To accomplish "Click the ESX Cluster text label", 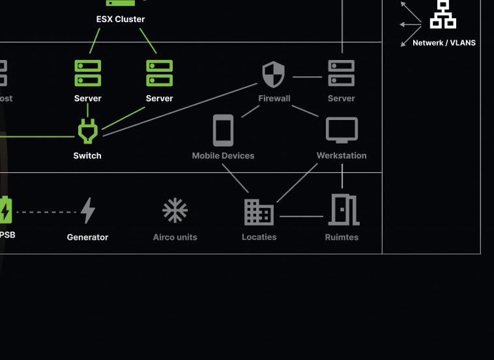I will pyautogui.click(x=121, y=20).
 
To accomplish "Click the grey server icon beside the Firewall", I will pyautogui.click(x=341, y=73).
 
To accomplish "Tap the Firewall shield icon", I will pyautogui.click(x=274, y=74).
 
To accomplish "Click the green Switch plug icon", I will pyautogui.click(x=87, y=130).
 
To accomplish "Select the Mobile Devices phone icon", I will pyautogui.click(x=223, y=130).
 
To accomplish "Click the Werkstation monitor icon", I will pyautogui.click(x=341, y=130).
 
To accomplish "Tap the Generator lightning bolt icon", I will pyautogui.click(x=88, y=211).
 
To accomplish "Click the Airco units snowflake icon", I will pyautogui.click(x=175, y=211).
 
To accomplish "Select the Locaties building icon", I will pyautogui.click(x=259, y=212).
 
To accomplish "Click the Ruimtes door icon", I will pyautogui.click(x=343, y=209).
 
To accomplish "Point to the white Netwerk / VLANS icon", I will pyautogui.click(x=443, y=14).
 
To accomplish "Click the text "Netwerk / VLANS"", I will pyautogui.click(x=444, y=43).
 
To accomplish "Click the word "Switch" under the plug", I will pyautogui.click(x=87, y=156).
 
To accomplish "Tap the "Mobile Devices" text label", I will pyautogui.click(x=223, y=156).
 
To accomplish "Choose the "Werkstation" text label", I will pyautogui.click(x=341, y=156).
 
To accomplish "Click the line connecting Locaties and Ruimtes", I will pyautogui.click(x=301, y=216).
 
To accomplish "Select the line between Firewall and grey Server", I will pyautogui.click(x=307, y=77).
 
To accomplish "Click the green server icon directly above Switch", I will pyautogui.click(x=87, y=73).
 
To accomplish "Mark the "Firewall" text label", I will pyautogui.click(x=274, y=98).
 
